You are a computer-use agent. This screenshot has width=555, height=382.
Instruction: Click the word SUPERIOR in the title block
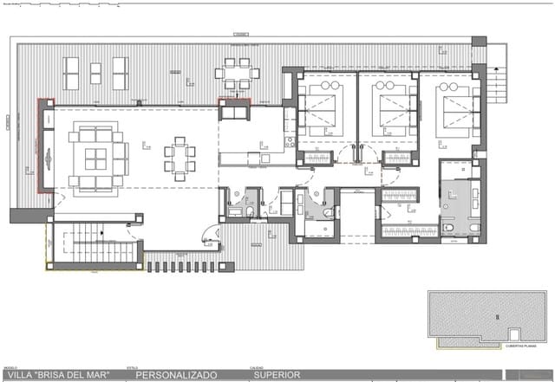point(277,375)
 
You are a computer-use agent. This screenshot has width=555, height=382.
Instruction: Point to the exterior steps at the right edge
point(496,87)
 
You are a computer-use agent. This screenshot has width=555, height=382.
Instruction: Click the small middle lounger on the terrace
point(95,72)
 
